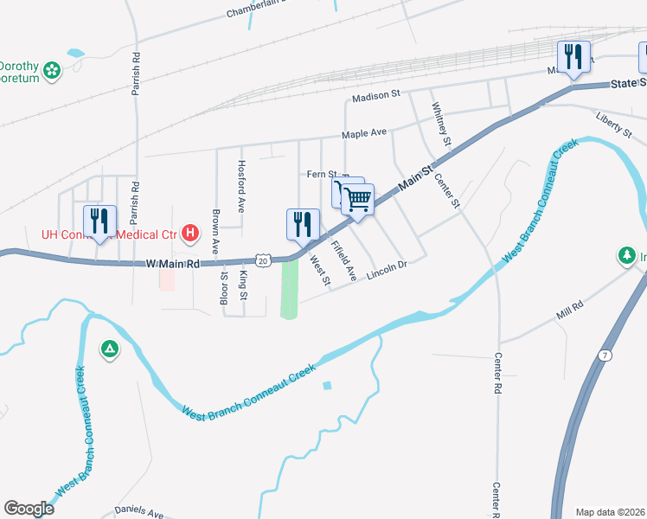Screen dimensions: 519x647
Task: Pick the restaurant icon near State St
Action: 573,57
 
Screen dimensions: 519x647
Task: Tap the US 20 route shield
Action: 262,259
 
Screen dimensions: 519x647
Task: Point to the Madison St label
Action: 376,94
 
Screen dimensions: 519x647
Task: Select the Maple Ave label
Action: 364,134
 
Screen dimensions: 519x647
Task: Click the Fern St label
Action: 321,174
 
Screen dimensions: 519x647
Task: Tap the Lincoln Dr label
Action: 386,272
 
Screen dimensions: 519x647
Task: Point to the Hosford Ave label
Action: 242,186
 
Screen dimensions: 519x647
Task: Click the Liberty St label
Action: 614,124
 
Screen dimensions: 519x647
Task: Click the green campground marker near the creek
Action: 109,349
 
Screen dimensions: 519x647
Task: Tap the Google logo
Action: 29,509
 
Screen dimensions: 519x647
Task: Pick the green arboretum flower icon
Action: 52,68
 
